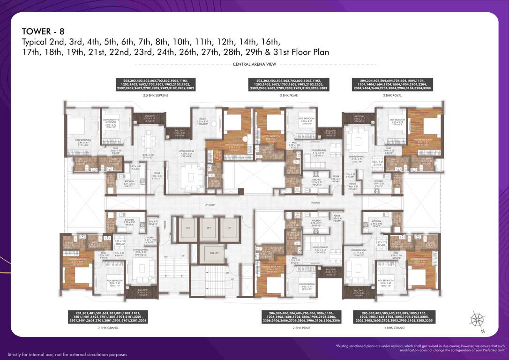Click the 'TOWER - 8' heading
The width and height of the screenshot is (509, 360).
(x=43, y=31)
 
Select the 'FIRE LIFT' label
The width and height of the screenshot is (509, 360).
(x=214, y=253)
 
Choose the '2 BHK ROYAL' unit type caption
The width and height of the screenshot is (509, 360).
(x=393, y=95)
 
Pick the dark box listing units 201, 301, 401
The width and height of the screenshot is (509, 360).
(x=108, y=317)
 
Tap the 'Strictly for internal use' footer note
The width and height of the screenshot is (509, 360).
(x=67, y=354)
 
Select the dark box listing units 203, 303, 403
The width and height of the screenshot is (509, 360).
(x=288, y=84)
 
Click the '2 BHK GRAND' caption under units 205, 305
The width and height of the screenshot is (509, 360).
(x=394, y=328)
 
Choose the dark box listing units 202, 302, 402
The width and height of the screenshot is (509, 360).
(x=156, y=84)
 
